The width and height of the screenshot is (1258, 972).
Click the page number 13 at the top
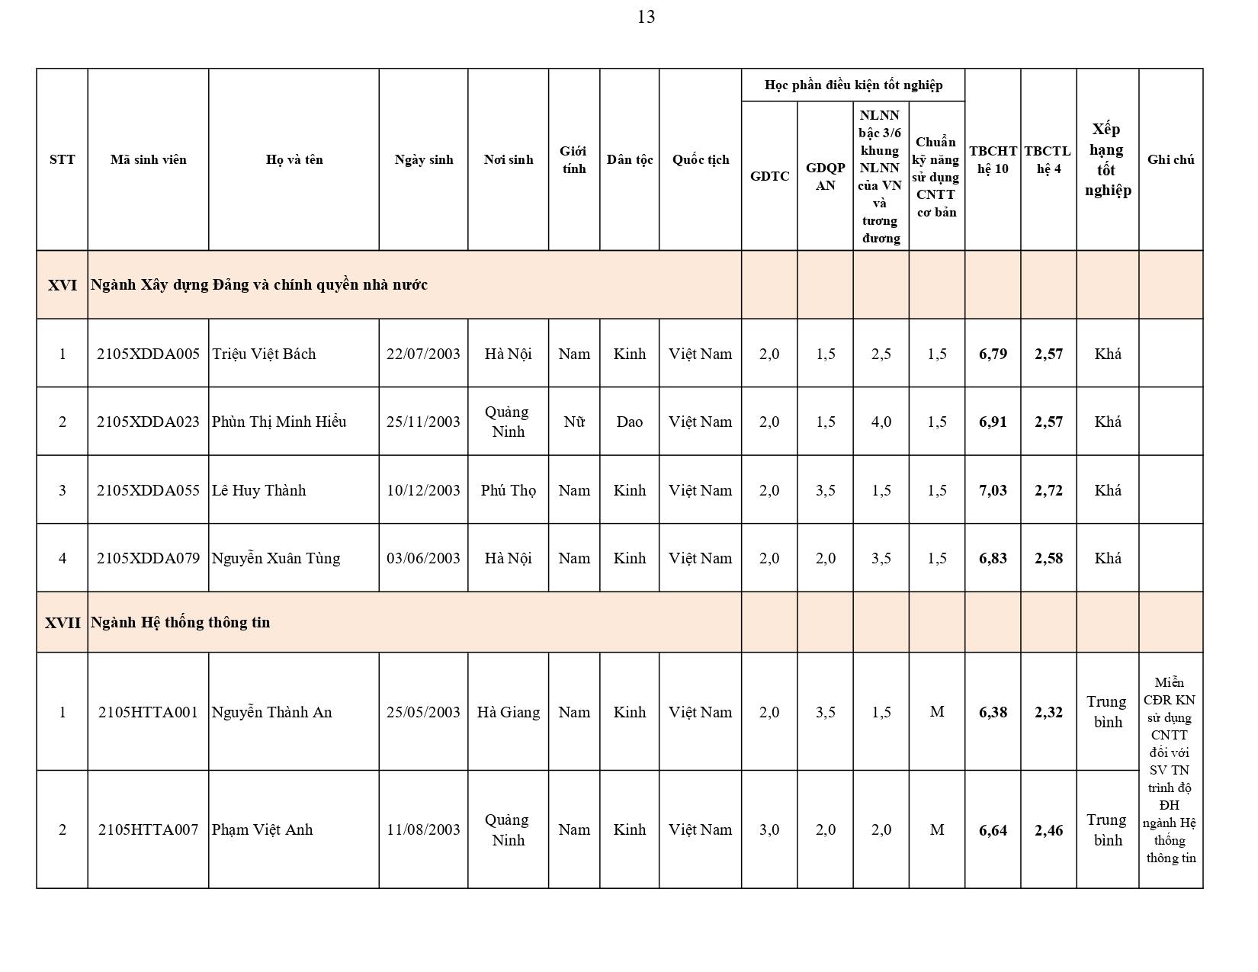click(x=646, y=17)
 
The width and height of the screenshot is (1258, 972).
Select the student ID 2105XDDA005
click(x=148, y=354)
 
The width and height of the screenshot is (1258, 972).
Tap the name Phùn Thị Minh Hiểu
click(x=279, y=422)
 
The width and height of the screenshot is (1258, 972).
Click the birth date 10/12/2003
click(x=423, y=490)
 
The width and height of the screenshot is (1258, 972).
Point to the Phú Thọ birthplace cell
click(x=508, y=490)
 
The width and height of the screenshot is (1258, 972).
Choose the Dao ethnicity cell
click(x=629, y=422)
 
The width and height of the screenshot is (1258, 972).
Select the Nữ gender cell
click(x=573, y=422)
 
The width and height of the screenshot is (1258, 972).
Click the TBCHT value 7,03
click(x=993, y=490)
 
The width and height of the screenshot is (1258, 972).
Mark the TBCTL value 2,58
click(x=1048, y=558)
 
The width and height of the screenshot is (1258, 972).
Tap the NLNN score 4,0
click(x=881, y=422)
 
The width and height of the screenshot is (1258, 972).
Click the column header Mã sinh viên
click(x=148, y=159)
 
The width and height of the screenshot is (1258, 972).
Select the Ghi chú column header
click(x=1170, y=159)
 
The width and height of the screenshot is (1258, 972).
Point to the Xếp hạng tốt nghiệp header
click(x=1107, y=159)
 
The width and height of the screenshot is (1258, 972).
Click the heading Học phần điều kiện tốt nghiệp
click(x=853, y=85)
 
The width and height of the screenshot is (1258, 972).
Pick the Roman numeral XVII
click(x=63, y=622)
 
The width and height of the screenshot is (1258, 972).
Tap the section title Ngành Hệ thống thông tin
click(x=180, y=622)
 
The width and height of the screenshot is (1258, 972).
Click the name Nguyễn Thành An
click(x=271, y=712)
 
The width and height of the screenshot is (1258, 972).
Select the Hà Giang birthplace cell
click(x=508, y=712)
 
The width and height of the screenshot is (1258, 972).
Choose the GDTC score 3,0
click(x=769, y=829)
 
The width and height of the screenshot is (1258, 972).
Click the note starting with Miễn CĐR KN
click(x=1170, y=770)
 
